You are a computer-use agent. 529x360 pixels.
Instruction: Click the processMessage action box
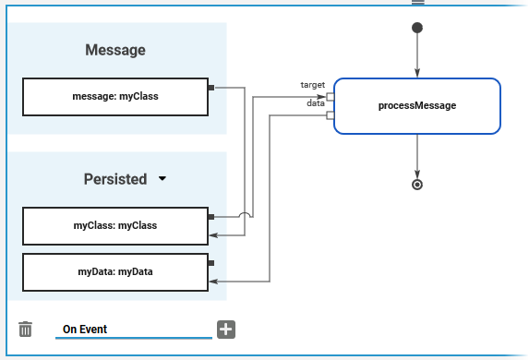[417, 106]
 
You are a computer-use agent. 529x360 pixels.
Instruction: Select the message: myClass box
[115, 97]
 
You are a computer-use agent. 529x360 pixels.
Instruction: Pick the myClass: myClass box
[115, 226]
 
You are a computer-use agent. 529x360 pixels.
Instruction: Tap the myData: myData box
[115, 272]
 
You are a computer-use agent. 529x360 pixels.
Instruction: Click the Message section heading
[115, 50]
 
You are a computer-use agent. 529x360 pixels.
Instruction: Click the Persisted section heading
[115, 179]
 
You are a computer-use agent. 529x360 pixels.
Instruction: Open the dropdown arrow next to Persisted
[162, 178]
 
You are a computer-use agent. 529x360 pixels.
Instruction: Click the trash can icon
[25, 329]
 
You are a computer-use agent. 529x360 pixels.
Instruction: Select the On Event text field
[134, 330]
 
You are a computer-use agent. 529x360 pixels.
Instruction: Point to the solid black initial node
[417, 28]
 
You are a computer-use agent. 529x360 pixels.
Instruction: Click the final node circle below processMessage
[417, 185]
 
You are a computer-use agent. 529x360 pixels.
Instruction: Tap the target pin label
[313, 85]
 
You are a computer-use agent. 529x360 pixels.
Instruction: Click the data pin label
[316, 103]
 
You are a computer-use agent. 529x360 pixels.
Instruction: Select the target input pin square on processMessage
[331, 97]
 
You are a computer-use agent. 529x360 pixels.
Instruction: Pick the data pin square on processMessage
[331, 115]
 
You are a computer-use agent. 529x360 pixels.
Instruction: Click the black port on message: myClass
[211, 88]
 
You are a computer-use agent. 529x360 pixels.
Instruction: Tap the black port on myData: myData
[211, 263]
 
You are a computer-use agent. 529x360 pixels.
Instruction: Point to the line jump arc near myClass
[245, 214]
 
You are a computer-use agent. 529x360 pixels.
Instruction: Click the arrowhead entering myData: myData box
[213, 282]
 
